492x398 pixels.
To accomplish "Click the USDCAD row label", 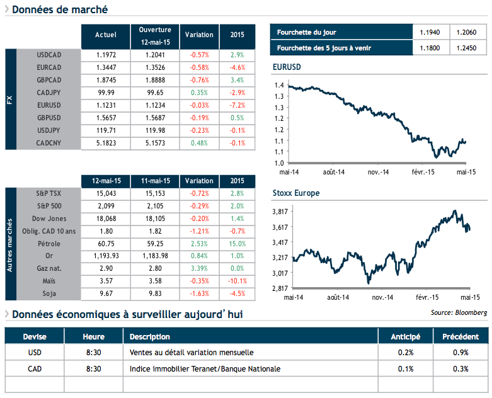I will [49, 55].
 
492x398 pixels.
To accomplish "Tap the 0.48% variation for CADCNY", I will [199, 144].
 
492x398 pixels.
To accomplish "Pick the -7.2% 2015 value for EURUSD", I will [237, 105].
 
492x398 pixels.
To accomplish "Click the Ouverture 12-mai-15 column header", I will [154, 36].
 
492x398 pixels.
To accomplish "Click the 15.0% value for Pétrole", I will [237, 243].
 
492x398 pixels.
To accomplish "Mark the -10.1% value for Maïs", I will [237, 281].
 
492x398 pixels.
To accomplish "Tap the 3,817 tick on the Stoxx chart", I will [280, 212].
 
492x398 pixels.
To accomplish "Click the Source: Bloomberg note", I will [459, 312].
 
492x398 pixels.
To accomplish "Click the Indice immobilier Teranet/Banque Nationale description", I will [205, 368].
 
